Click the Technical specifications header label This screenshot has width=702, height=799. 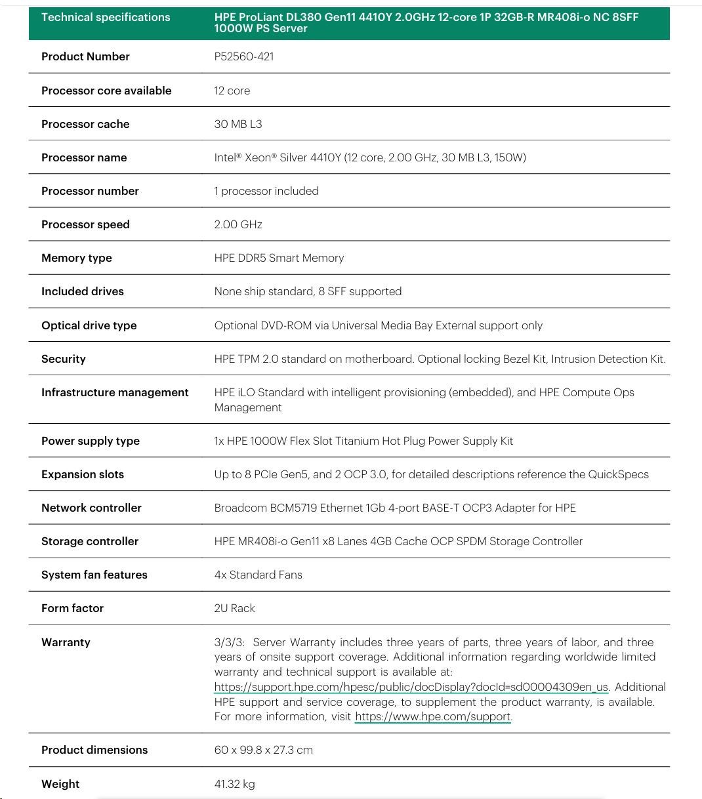click(x=106, y=17)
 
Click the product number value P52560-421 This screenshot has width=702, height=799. click(x=244, y=56)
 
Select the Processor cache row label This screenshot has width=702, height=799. click(x=85, y=124)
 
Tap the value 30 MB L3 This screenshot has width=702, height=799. click(x=238, y=124)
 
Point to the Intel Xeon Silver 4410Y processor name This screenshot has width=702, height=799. click(x=370, y=157)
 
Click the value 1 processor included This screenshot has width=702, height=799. click(x=266, y=191)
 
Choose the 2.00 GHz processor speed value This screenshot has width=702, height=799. click(x=238, y=224)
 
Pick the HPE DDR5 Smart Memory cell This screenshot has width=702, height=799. click(x=279, y=258)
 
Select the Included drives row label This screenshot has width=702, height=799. click(x=83, y=291)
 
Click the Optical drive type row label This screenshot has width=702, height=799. click(x=89, y=325)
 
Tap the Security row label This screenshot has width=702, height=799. click(x=64, y=359)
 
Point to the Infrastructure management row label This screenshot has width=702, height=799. click(x=115, y=392)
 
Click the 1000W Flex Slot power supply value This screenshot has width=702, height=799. click(x=363, y=441)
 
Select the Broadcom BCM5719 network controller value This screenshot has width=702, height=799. click(x=395, y=508)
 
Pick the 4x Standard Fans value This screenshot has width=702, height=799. click(x=258, y=575)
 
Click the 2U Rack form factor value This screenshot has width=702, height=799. click(x=234, y=608)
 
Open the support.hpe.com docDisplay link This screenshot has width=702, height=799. click(x=411, y=687)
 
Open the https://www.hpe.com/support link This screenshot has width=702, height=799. click(x=432, y=716)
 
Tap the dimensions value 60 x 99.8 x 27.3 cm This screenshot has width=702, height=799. click(x=264, y=750)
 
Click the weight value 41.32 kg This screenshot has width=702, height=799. click(x=234, y=784)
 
